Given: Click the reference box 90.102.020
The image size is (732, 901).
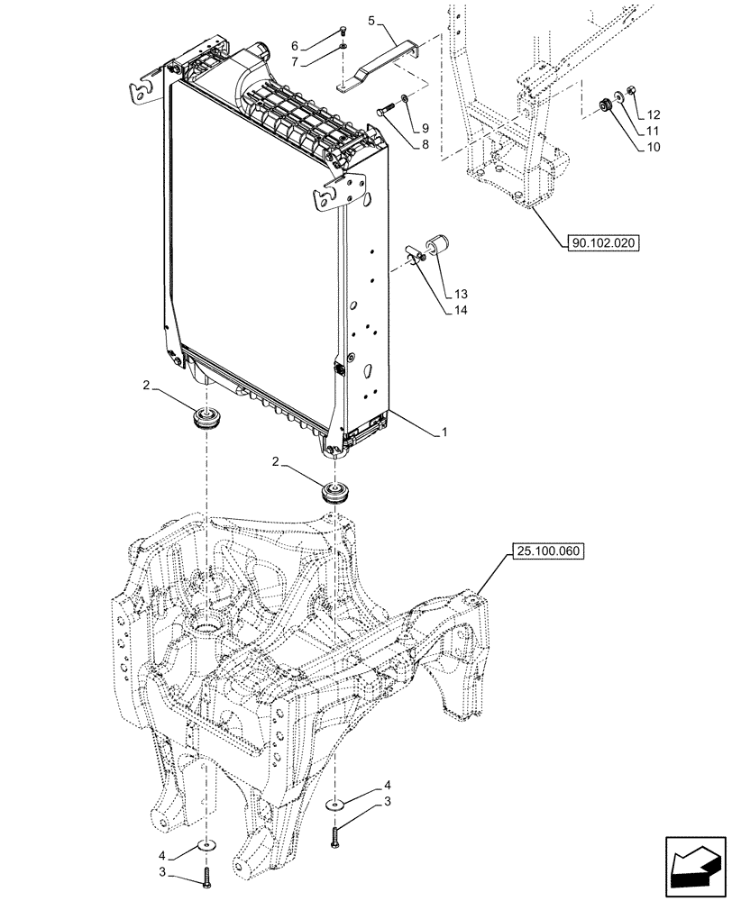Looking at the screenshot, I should [x=601, y=242].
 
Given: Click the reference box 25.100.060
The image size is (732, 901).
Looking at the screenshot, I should [x=545, y=550].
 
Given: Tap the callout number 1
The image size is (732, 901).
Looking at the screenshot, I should [x=444, y=432].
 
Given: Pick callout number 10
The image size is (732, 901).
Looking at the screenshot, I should [x=654, y=148].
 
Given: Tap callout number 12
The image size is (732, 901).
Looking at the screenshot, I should [x=654, y=114].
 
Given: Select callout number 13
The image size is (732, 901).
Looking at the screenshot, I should [x=462, y=295].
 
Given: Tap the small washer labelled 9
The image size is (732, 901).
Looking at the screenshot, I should [x=403, y=99].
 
